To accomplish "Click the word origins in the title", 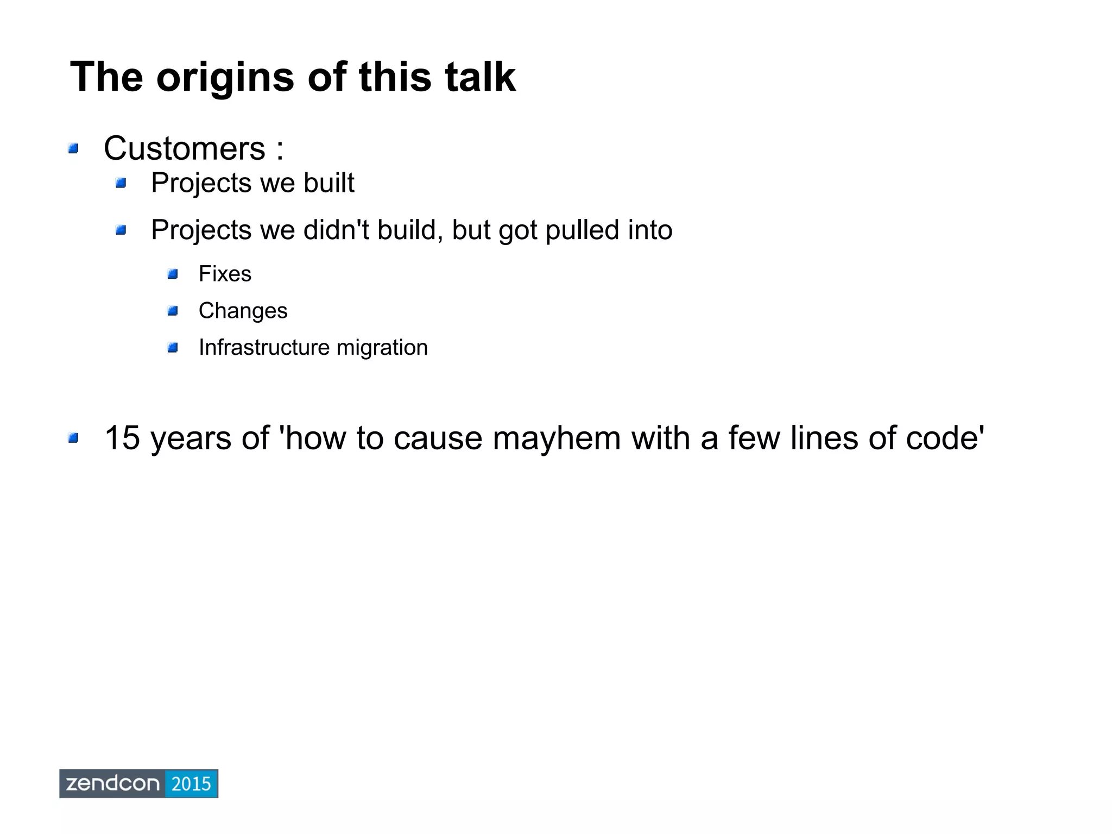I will click(x=225, y=78).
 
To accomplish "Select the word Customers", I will click(x=184, y=148).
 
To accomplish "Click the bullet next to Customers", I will click(x=73, y=148).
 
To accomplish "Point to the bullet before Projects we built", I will click(x=121, y=183).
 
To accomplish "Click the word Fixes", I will click(x=225, y=274).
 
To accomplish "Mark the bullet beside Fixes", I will click(x=173, y=274).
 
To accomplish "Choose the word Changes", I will click(x=243, y=311).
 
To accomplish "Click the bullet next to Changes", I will click(x=173, y=311).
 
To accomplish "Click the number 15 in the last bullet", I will click(x=122, y=438).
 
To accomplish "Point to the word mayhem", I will click(x=556, y=438).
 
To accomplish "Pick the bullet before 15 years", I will click(x=73, y=438).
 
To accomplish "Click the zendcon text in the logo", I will click(x=112, y=783).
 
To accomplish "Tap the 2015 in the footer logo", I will click(x=191, y=783).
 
